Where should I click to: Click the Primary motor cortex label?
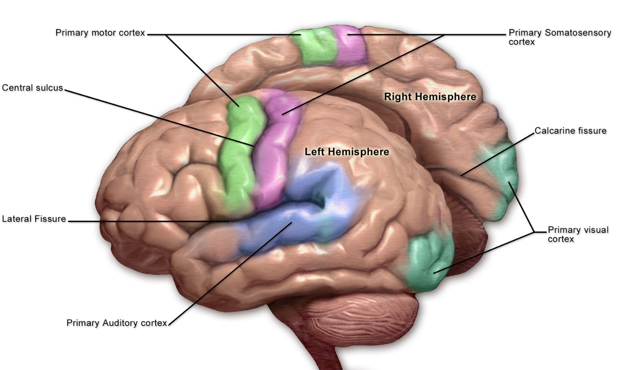click(x=100, y=33)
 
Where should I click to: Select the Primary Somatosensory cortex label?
click(x=560, y=37)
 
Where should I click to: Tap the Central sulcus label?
click(x=33, y=87)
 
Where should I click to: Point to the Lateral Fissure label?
click(x=34, y=219)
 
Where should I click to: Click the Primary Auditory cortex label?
click(x=117, y=323)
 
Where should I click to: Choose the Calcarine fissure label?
click(x=570, y=131)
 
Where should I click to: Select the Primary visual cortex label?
click(x=578, y=234)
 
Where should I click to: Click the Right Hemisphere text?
click(x=430, y=96)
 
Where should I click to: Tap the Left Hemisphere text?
click(x=347, y=152)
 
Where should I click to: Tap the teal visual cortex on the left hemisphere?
click(x=428, y=262)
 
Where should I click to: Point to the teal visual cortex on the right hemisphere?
click(x=503, y=177)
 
